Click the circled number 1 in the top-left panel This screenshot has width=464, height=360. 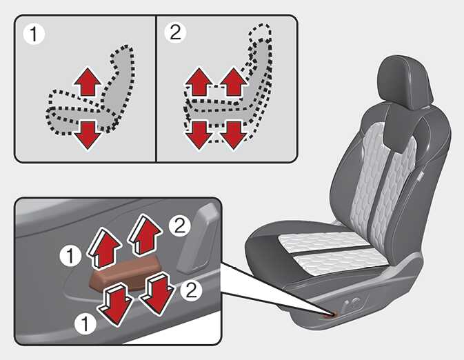[34, 34]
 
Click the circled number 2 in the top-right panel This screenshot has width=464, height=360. [175, 32]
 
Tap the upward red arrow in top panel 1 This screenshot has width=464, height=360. [88, 82]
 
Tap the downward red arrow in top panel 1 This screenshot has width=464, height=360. [88, 135]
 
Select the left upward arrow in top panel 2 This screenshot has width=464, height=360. [199, 82]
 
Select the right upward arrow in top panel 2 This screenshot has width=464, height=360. [234, 82]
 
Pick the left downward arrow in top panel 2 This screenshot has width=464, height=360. [199, 135]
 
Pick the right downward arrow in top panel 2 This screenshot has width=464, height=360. [234, 135]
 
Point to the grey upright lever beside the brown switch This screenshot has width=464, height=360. [199, 239]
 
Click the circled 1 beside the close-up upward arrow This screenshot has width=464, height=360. [70, 256]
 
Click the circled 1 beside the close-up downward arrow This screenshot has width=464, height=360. [85, 324]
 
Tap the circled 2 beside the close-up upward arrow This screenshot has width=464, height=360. [179, 226]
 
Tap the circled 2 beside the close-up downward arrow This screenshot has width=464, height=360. [191, 290]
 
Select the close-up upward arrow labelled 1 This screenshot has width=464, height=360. [104, 248]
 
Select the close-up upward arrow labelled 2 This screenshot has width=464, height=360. [145, 234]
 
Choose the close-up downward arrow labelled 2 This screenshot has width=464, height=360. [157, 293]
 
